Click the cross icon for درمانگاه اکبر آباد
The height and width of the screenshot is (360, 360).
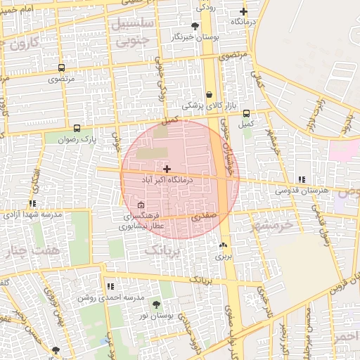(x=167, y=169)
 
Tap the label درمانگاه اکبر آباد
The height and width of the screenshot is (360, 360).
(x=167, y=180)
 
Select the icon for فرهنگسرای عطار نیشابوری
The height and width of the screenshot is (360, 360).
(x=141, y=205)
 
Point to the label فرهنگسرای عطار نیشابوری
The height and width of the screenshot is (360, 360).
(x=140, y=221)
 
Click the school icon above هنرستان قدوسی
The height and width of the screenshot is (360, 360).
(x=302, y=180)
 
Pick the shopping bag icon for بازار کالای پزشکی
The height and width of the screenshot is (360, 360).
(x=209, y=95)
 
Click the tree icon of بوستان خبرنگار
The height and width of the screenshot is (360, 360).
(x=195, y=25)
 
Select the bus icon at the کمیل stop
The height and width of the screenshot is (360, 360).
(x=246, y=113)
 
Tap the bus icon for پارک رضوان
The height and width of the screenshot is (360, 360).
(x=77, y=129)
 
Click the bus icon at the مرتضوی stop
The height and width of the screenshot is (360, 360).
(x=61, y=68)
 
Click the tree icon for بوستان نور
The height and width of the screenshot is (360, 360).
(x=155, y=304)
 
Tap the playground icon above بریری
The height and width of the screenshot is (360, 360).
(x=224, y=245)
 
